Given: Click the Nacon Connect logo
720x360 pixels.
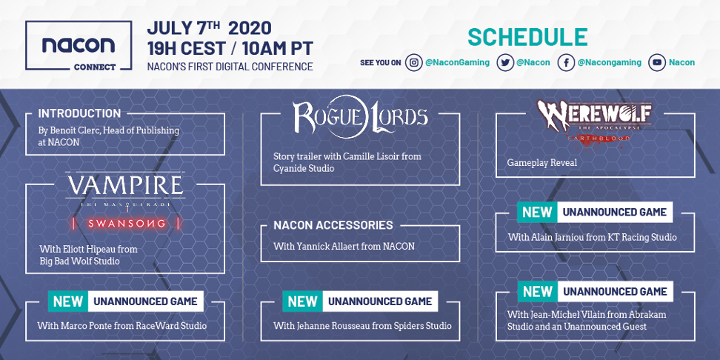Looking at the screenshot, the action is [79, 46].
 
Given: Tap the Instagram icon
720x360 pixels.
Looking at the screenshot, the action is [414, 63].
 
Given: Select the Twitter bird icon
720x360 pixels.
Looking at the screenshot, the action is [505, 63].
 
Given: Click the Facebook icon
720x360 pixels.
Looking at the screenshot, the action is [566, 63].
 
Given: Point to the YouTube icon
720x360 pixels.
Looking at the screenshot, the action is [657, 63].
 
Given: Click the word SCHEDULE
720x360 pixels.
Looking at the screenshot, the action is [527, 38].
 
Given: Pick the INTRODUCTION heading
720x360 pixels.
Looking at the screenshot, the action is [79, 113].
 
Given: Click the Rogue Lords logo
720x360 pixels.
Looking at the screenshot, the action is [361, 116].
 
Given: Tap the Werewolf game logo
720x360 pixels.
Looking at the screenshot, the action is [595, 122].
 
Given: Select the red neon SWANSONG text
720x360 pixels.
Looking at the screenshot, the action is [126, 224].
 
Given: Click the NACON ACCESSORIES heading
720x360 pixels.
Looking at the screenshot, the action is [333, 225].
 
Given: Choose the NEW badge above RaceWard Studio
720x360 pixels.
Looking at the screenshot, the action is [68, 301].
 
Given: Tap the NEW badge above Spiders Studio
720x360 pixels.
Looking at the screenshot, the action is [303, 301].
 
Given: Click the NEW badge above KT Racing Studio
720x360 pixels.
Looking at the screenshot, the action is [537, 212].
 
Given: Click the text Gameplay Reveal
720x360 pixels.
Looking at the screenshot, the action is [541, 163].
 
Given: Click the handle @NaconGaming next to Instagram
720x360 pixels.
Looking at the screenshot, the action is [457, 63].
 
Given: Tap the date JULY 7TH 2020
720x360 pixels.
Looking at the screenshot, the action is [210, 28].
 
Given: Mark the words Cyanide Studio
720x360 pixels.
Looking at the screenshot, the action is [304, 169].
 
